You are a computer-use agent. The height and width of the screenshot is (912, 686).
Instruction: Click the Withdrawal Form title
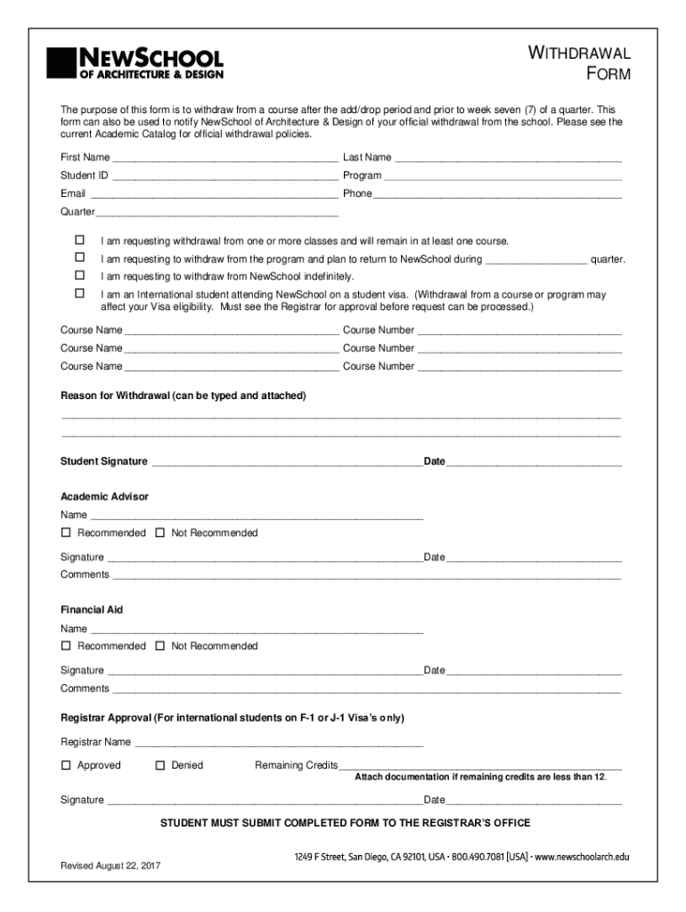click(580, 63)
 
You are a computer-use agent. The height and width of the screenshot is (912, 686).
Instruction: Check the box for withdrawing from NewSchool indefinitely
click(79, 275)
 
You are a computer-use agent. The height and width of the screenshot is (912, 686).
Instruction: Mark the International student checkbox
click(79, 293)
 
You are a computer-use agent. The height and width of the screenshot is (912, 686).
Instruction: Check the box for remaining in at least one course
click(79, 240)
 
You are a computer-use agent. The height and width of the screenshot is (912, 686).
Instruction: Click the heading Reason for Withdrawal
click(183, 395)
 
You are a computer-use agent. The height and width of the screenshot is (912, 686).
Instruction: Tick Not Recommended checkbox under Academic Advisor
click(160, 533)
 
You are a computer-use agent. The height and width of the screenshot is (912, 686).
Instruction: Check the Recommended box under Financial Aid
click(66, 646)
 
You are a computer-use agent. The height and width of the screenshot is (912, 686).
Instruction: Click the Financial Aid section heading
click(92, 610)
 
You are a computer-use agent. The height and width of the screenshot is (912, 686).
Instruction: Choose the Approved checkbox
click(66, 765)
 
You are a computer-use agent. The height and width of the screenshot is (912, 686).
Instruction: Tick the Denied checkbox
click(160, 765)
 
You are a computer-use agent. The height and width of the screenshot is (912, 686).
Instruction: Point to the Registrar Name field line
click(278, 744)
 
